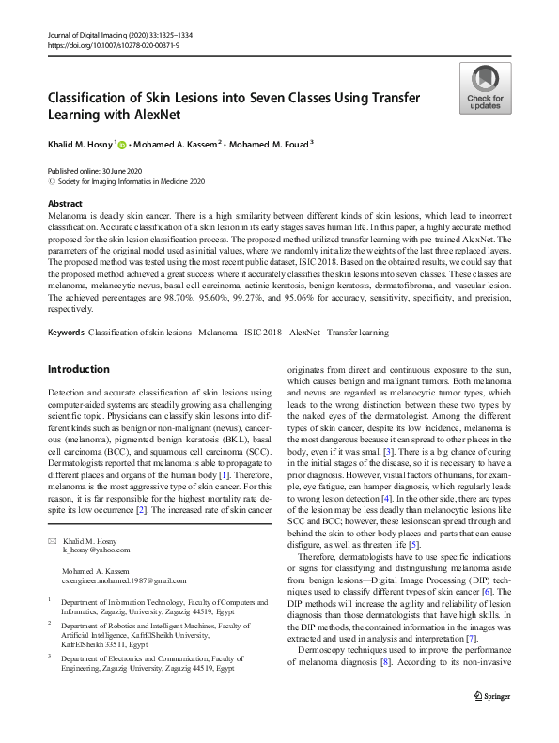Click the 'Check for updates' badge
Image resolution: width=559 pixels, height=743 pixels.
[x=484, y=89]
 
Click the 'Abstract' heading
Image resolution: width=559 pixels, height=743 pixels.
[x=65, y=203]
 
